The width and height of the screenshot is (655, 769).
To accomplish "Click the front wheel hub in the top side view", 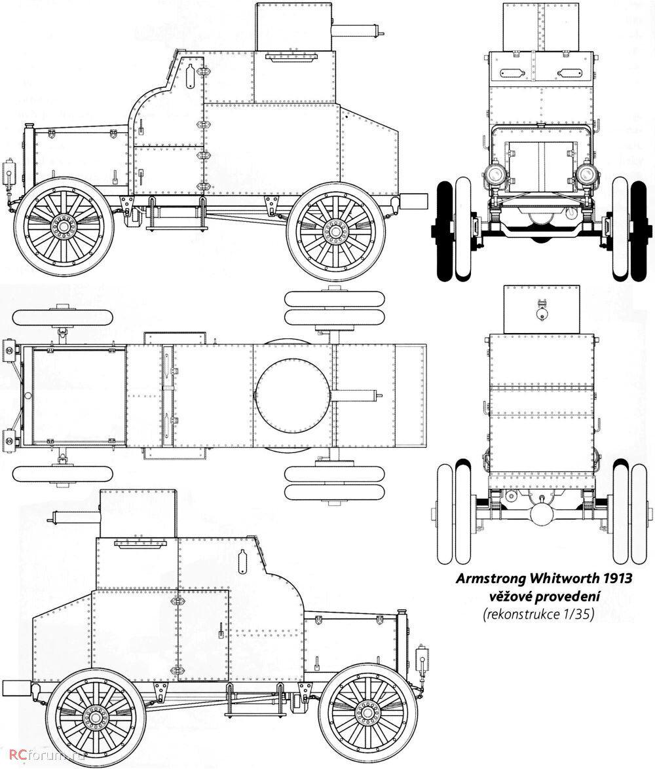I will click(x=64, y=226).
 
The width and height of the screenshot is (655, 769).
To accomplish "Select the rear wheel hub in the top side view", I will click(x=335, y=230).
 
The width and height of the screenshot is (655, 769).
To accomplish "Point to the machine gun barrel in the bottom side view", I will click(x=74, y=518).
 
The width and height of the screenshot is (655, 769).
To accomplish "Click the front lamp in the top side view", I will click(x=10, y=172).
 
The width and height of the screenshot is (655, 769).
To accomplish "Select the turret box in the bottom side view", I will click(x=138, y=513).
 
